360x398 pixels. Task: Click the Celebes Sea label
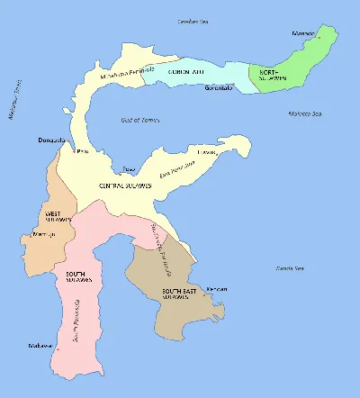192,20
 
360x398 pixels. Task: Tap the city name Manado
304,35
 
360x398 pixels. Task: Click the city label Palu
85,152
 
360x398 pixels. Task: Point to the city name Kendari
217,289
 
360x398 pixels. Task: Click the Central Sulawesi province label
143,185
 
